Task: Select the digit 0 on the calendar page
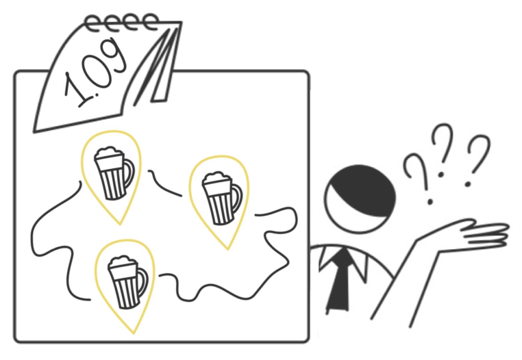[95, 72]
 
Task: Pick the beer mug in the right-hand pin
[222, 198]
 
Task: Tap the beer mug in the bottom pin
[127, 282]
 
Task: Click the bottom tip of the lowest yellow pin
[134, 333]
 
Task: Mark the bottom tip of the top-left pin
[120, 224]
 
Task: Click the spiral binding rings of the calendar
[121, 23]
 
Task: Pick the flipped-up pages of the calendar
[156, 66]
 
